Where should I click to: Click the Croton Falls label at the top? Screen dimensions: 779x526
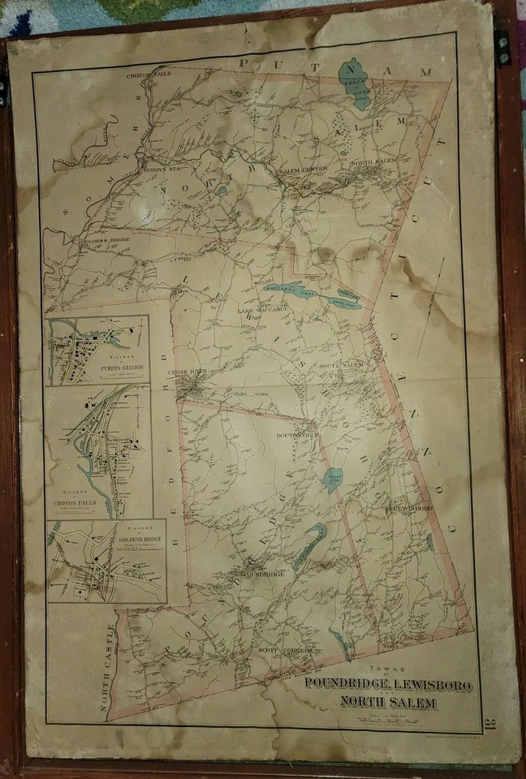145,77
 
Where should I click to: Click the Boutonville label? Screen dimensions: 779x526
292,437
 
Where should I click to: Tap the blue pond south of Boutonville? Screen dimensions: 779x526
333,479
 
